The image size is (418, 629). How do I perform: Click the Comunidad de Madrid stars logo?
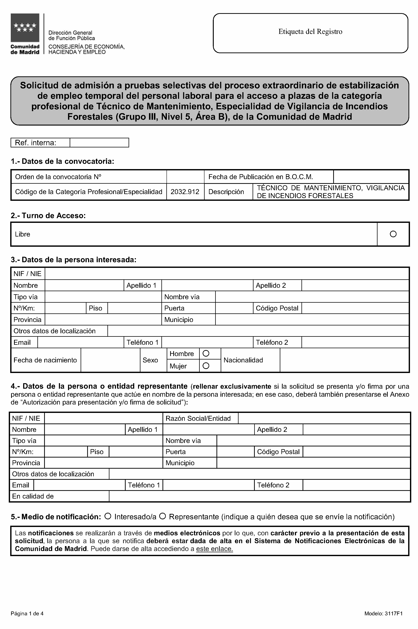(25, 28)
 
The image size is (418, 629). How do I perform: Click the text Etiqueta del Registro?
(310, 32)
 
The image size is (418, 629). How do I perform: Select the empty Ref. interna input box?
(99, 143)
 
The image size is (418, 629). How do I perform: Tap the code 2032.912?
(185, 192)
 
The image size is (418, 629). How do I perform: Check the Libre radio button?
(393, 234)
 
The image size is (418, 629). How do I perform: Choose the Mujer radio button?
(206, 366)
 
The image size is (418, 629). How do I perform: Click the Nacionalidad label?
(243, 360)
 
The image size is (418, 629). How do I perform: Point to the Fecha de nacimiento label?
(45, 360)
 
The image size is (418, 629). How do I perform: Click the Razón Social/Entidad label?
(198, 418)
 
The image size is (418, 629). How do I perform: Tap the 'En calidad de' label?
(33, 496)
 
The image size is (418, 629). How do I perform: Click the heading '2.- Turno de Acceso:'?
(48, 215)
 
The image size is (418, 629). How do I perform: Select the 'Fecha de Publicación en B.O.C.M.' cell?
(260, 177)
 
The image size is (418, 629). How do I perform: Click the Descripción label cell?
(226, 192)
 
